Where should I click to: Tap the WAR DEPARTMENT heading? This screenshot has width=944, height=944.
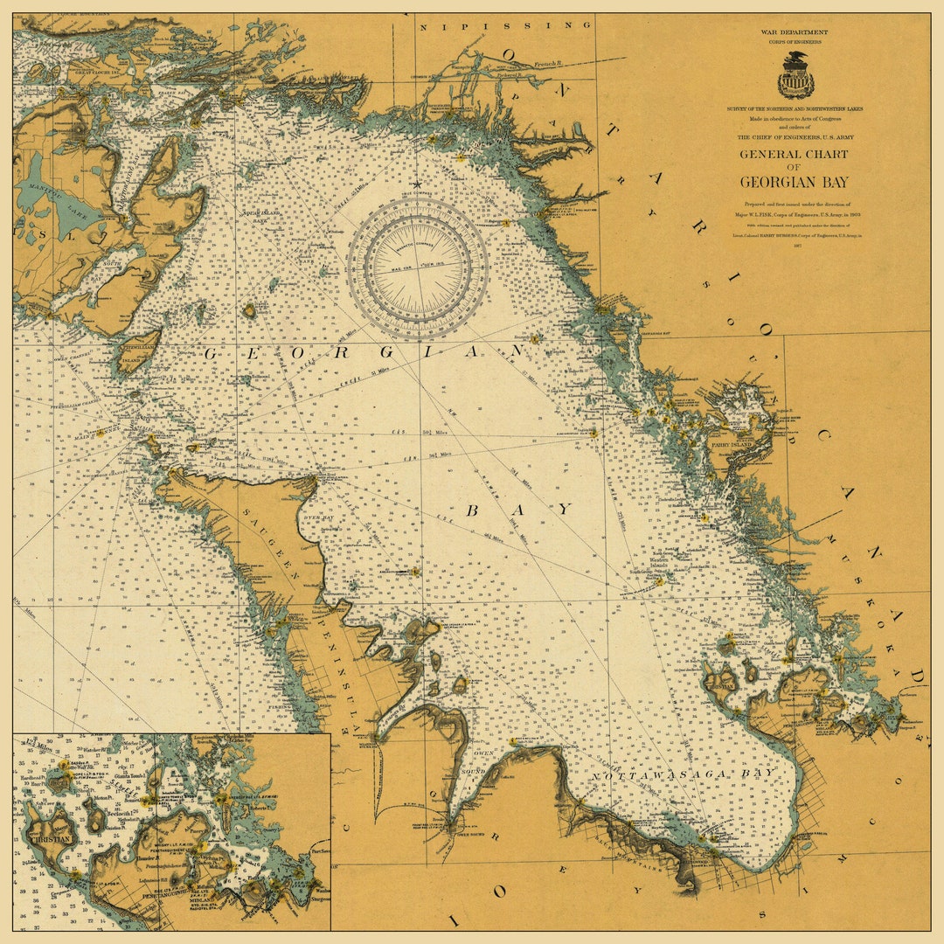(795, 32)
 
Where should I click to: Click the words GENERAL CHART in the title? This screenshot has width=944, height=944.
(794, 155)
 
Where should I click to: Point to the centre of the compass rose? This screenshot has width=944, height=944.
(418, 267)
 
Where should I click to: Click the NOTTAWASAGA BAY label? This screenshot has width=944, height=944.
(682, 774)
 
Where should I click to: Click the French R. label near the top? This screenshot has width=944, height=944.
(545, 63)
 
